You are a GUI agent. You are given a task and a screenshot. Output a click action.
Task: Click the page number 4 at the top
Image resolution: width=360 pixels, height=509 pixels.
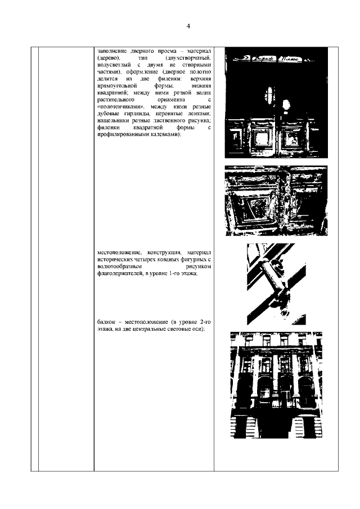coord(188,26)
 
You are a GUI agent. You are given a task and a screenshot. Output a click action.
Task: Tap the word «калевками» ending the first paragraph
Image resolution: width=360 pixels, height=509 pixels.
coord(162,136)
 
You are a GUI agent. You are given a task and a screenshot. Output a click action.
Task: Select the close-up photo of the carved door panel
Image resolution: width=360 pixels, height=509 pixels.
coord(276,200)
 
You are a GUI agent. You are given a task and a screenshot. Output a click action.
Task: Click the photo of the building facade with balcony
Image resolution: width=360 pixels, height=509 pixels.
coord(276,385)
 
